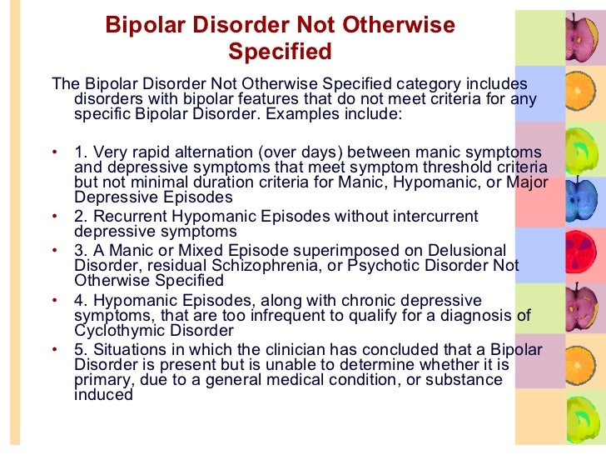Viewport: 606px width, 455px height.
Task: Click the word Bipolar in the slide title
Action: pos(142,26)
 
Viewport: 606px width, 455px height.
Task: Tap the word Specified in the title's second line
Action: pos(280,52)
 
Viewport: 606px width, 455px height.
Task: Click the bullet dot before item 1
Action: pos(54,152)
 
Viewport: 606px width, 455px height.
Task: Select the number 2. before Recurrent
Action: pos(81,217)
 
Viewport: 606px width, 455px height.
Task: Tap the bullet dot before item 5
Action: pos(54,349)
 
